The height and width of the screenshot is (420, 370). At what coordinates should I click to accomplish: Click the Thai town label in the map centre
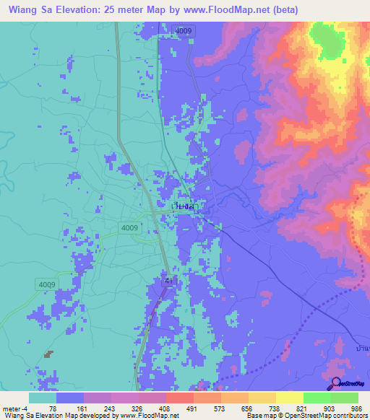click(x=186, y=206)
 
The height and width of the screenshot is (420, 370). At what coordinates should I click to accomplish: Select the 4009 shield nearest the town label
click(x=130, y=228)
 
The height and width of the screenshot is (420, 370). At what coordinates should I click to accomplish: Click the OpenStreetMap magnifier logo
click(x=335, y=384)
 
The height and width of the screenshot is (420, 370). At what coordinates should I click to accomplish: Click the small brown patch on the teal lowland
click(x=48, y=354)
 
